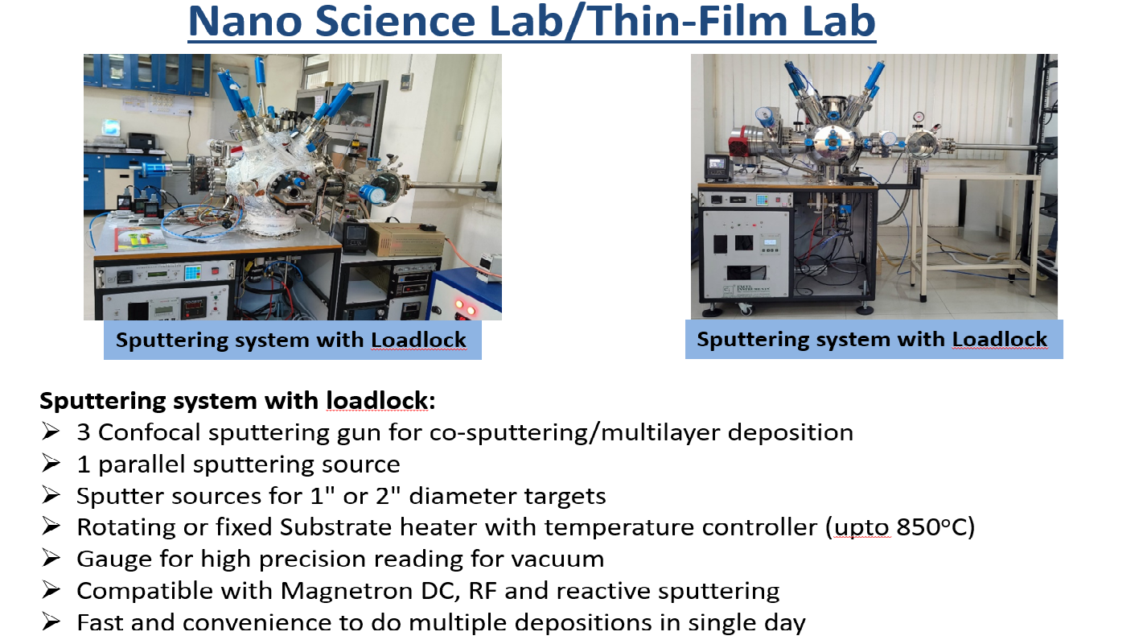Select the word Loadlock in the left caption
(x=418, y=340)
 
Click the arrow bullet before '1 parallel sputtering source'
(x=51, y=464)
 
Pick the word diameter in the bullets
(x=456, y=496)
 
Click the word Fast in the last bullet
(x=100, y=622)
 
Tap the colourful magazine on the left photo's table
(x=140, y=238)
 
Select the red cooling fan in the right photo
(x=741, y=140)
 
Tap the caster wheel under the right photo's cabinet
(x=745, y=308)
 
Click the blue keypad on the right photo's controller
(x=762, y=200)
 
